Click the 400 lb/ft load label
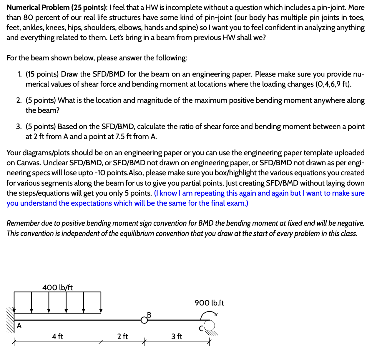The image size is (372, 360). point(58,287)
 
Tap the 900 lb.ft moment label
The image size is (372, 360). point(209,303)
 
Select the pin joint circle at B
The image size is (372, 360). point(144,320)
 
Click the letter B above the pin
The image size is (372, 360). point(149,315)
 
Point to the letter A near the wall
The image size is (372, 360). point(19,326)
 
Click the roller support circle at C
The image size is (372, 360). point(210,326)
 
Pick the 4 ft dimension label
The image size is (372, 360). point(57,336)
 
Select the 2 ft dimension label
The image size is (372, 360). point(122,336)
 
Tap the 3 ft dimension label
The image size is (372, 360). point(177,336)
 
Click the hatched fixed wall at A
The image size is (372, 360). point(11,320)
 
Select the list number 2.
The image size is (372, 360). point(19,100)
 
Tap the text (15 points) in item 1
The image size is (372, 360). point(42,74)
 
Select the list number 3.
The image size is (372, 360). point(19,127)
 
